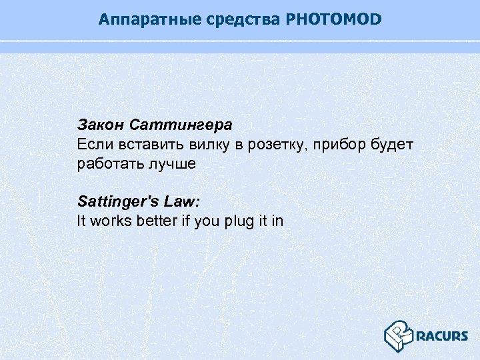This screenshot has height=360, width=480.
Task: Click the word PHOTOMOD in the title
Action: point(333,19)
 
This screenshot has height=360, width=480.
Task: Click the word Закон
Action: point(101,125)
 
